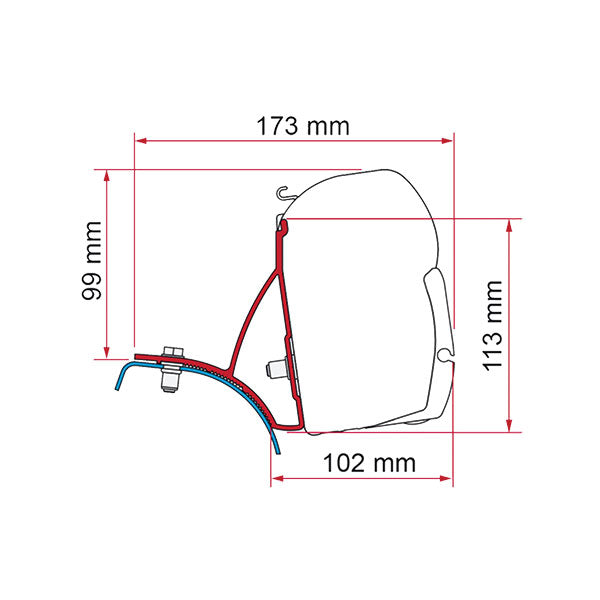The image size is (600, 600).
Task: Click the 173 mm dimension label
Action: (303, 126)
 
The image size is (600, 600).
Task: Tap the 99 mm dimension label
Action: (92, 261)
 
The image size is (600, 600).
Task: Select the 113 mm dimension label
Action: (492, 326)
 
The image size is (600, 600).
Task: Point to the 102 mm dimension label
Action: (369, 463)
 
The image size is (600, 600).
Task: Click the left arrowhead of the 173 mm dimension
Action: (141, 141)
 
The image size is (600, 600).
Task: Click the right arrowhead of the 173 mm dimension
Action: (447, 141)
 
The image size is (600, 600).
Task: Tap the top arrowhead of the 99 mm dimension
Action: (107, 176)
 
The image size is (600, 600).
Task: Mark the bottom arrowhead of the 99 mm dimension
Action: (107, 353)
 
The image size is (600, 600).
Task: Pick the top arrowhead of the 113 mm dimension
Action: (509, 225)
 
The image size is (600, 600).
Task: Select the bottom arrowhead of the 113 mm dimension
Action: (509, 426)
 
